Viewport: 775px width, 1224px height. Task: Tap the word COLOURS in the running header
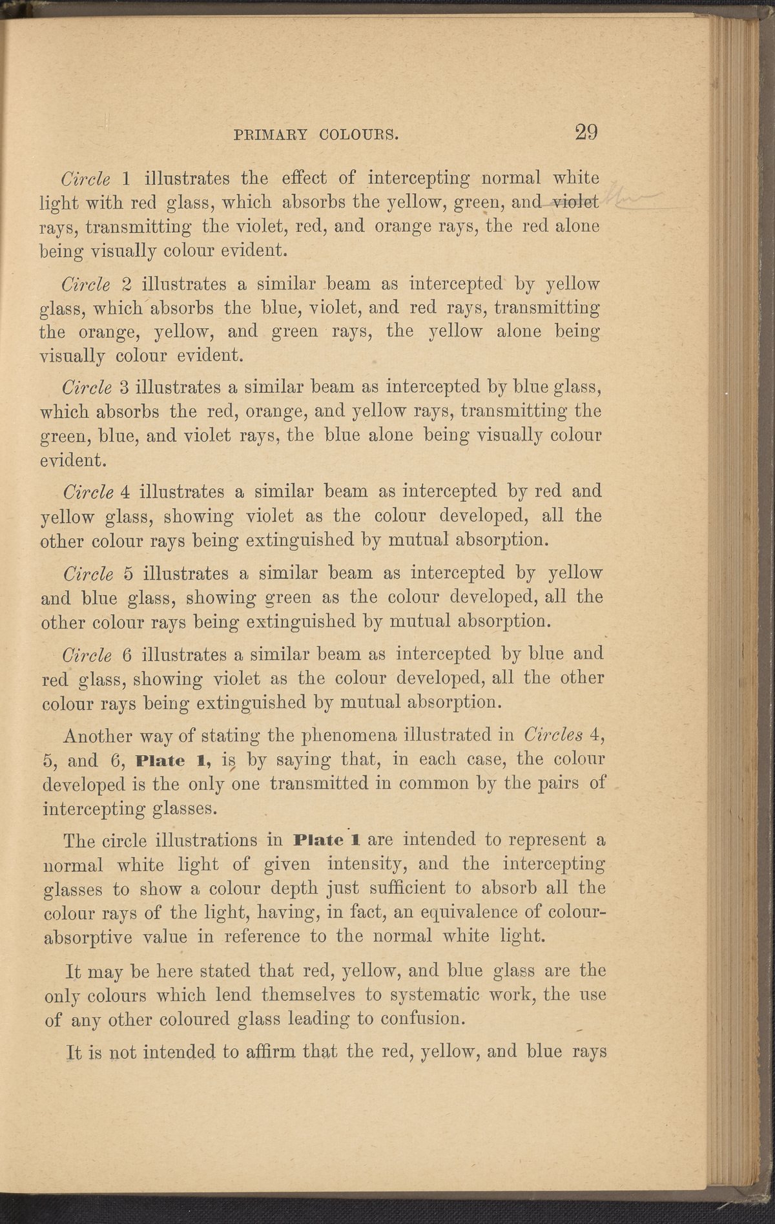[358, 135]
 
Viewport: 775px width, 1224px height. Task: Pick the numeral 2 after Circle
[127, 284]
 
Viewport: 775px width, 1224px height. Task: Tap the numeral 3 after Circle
[126, 387]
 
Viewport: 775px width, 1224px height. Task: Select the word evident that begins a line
[71, 461]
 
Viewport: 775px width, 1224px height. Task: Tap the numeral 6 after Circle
[127, 654]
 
